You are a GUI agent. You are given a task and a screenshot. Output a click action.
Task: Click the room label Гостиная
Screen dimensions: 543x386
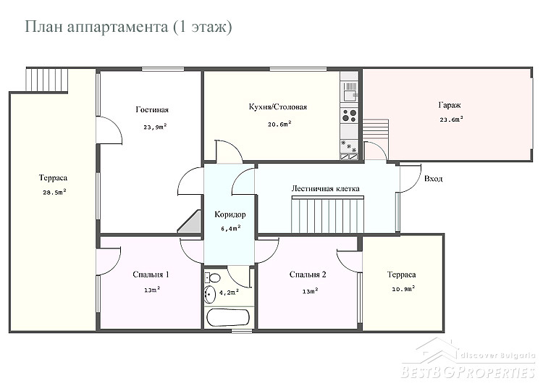(x=152, y=110)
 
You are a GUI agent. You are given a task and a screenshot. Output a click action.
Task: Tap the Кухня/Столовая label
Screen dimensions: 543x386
(x=278, y=106)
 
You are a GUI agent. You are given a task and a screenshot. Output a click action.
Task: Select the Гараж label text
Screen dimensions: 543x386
(x=450, y=105)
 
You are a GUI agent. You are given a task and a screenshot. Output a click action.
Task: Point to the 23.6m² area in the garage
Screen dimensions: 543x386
(x=452, y=119)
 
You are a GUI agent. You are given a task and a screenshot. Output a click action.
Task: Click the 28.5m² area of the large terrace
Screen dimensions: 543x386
(x=54, y=193)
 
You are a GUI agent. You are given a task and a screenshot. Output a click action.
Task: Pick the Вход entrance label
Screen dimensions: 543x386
(x=433, y=179)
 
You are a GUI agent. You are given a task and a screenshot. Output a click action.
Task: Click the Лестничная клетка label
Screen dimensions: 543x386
(x=325, y=189)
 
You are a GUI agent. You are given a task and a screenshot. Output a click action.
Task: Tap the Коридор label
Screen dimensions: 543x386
(x=230, y=214)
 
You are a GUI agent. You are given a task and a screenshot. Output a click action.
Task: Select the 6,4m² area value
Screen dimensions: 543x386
(x=231, y=228)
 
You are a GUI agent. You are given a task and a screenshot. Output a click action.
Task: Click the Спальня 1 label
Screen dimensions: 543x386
(x=151, y=274)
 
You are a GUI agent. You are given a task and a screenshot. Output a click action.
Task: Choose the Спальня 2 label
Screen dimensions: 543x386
(x=308, y=274)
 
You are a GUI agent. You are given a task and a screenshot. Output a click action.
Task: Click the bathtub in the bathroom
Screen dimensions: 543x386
(x=227, y=316)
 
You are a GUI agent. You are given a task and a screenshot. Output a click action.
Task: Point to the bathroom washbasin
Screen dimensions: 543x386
(x=209, y=295)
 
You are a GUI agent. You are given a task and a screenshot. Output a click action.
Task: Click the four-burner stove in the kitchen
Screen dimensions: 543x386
(x=349, y=115)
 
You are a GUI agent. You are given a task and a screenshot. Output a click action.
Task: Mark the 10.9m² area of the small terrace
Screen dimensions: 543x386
(x=403, y=289)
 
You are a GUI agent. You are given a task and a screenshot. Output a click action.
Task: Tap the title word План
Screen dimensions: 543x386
(x=44, y=27)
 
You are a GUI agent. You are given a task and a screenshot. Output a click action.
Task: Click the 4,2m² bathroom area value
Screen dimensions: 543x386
(x=230, y=293)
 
